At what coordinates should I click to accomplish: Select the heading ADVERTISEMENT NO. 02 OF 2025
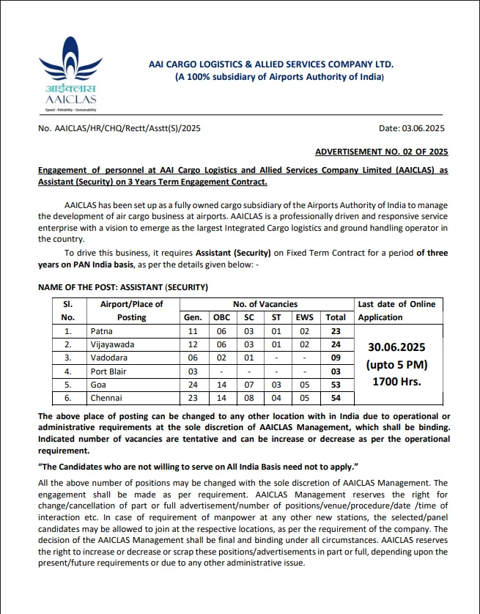pyautogui.click(x=381, y=152)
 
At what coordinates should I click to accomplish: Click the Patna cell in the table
pyautogui.click(x=103, y=331)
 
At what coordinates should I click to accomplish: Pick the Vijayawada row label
pyautogui.click(x=112, y=344)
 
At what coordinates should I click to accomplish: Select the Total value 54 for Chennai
pyautogui.click(x=336, y=398)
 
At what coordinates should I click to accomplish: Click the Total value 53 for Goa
pyautogui.click(x=336, y=385)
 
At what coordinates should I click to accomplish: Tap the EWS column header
pyautogui.click(x=303, y=317)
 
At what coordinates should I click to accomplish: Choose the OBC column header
pyautogui.click(x=221, y=317)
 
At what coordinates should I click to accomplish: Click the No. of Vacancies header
pyautogui.click(x=265, y=304)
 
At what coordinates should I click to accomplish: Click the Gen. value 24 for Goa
pyautogui.click(x=194, y=385)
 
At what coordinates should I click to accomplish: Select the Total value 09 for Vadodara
pyautogui.click(x=336, y=358)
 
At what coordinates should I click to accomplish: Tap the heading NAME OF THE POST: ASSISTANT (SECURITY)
pyautogui.click(x=123, y=286)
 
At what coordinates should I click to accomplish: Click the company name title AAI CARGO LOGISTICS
pyautogui.click(x=271, y=64)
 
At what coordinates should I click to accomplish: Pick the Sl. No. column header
pyautogui.click(x=68, y=311)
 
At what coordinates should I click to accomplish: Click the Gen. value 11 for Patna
pyautogui.click(x=194, y=331)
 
